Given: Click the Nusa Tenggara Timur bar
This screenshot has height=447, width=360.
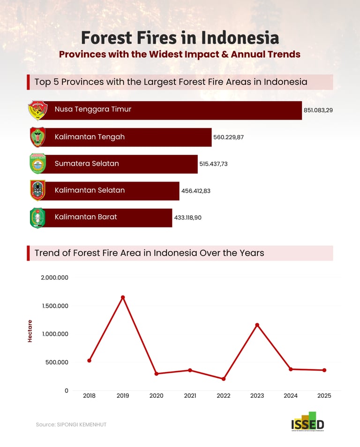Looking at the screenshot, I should coord(173,111).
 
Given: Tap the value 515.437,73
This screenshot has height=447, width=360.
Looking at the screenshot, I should coord(213,164).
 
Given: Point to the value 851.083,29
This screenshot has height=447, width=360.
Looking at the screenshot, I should coord(318,110).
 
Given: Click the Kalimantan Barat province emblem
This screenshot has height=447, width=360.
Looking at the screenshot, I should coord(37,218).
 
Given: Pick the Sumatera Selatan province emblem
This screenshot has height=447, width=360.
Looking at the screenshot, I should coord(37,164).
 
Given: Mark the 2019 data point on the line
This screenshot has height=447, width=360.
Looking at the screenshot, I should coord(123,297).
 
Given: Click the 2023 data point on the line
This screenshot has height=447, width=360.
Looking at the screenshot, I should coord(257,325).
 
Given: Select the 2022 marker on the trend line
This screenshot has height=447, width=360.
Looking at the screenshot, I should coord(224,379).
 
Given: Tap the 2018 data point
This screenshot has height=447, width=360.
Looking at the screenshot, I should coord(89,360).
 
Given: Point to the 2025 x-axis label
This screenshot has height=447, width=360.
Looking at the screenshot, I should coord(324,396).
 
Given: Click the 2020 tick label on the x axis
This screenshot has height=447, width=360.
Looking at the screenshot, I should coord(156,396).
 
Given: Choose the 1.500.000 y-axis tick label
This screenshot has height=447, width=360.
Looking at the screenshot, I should coord(54,306).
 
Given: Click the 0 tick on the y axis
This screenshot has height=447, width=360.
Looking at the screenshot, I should coord(66,390).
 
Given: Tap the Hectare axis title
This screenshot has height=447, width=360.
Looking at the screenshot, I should coord(30,331).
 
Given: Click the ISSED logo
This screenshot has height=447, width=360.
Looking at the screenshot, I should coord(307,421).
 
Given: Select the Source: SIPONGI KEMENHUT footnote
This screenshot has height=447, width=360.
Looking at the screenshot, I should coord(71,424).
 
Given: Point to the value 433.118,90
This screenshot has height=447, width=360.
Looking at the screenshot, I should coord(187,218).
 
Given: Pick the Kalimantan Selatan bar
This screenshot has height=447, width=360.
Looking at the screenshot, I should coord(112,191).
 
